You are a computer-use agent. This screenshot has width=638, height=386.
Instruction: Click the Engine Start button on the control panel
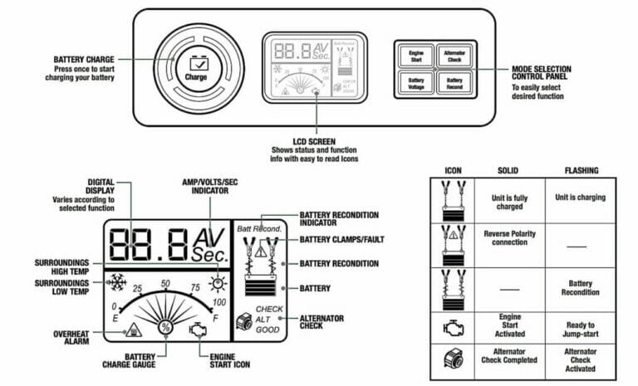pyautogui.click(x=416, y=56)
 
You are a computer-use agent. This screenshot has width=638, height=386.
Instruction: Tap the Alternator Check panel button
pyautogui.click(x=454, y=56)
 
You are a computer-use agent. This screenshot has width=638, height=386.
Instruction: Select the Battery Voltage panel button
pyautogui.click(x=416, y=83)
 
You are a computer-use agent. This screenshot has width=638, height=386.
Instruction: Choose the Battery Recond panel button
pyautogui.click(x=454, y=83)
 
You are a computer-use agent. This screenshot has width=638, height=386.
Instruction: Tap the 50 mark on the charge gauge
pyautogui.click(x=166, y=284)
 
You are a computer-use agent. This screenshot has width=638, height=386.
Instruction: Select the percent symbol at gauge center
pyautogui.click(x=165, y=327)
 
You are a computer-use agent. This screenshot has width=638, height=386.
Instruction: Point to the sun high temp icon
pyautogui.click(x=218, y=278)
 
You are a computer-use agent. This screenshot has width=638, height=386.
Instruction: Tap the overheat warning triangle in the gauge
pyautogui.click(x=132, y=330)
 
